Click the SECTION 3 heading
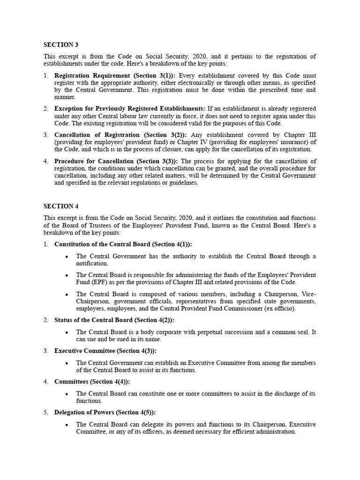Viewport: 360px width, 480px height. [61, 45]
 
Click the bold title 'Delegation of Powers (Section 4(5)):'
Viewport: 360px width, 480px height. [105, 412]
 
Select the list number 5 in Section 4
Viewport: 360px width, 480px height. [46, 412]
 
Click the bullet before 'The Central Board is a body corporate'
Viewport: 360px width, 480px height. [67, 332]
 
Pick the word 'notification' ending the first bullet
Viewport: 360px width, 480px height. [92, 263]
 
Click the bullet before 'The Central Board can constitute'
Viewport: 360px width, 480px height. [67, 394]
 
